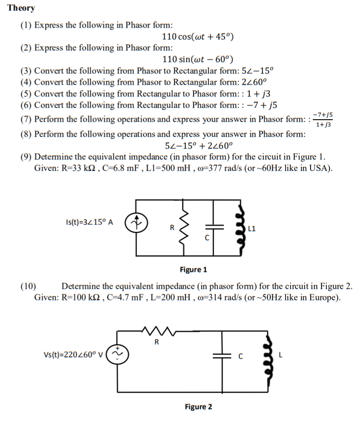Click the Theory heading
pos(21,8)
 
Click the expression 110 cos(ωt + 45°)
pos(198,36)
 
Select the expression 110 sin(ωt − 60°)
pos(198,59)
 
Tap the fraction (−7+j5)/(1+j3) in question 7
pos(323,120)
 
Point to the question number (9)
pos(26,157)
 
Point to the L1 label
pos(253,228)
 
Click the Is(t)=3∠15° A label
pos(90,222)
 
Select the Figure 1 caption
pos(193,270)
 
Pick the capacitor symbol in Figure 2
pos(223,356)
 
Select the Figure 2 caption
pos(198,406)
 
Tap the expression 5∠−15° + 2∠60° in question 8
pos(198,146)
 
